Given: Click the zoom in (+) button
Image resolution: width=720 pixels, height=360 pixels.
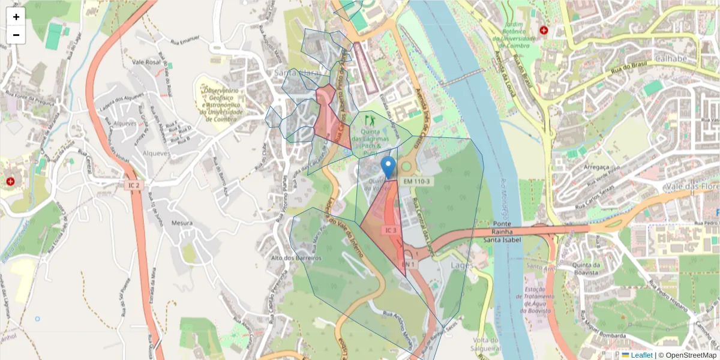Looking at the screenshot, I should [x=16, y=17].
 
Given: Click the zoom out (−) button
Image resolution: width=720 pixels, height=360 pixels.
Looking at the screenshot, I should [x=16, y=35].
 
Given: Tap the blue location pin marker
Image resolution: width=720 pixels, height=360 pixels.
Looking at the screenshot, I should [x=389, y=167].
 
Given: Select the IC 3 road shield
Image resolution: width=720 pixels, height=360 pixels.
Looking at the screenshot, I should [x=391, y=230].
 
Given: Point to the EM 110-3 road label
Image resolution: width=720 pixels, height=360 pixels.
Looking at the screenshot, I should [x=416, y=181].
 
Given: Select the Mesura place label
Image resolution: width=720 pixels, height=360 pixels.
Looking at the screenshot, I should [x=182, y=223].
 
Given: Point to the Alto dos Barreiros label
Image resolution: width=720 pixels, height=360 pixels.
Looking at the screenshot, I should [x=297, y=258].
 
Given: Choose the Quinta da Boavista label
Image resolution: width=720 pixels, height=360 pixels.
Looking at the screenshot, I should [x=586, y=269].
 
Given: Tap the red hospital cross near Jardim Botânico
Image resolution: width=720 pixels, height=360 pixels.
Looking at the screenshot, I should [x=544, y=29].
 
